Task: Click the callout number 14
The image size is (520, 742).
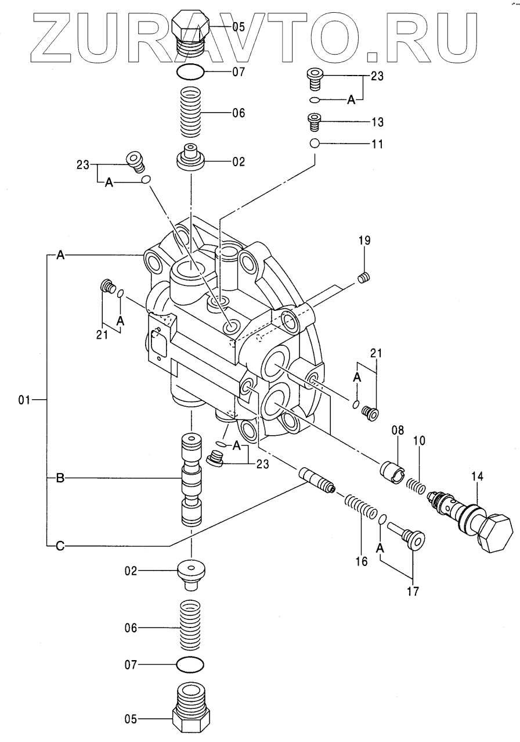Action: [477, 477]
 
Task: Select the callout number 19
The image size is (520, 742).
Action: [364, 241]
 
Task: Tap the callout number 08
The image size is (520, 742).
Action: [398, 431]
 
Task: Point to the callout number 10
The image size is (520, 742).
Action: [419, 441]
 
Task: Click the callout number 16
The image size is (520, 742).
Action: [362, 562]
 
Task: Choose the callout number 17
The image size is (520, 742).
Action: [413, 592]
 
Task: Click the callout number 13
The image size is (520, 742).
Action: [377, 122]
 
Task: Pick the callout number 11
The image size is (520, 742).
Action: [377, 145]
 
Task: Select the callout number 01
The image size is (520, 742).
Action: [24, 400]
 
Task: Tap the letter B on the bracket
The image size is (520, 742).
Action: [60, 478]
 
